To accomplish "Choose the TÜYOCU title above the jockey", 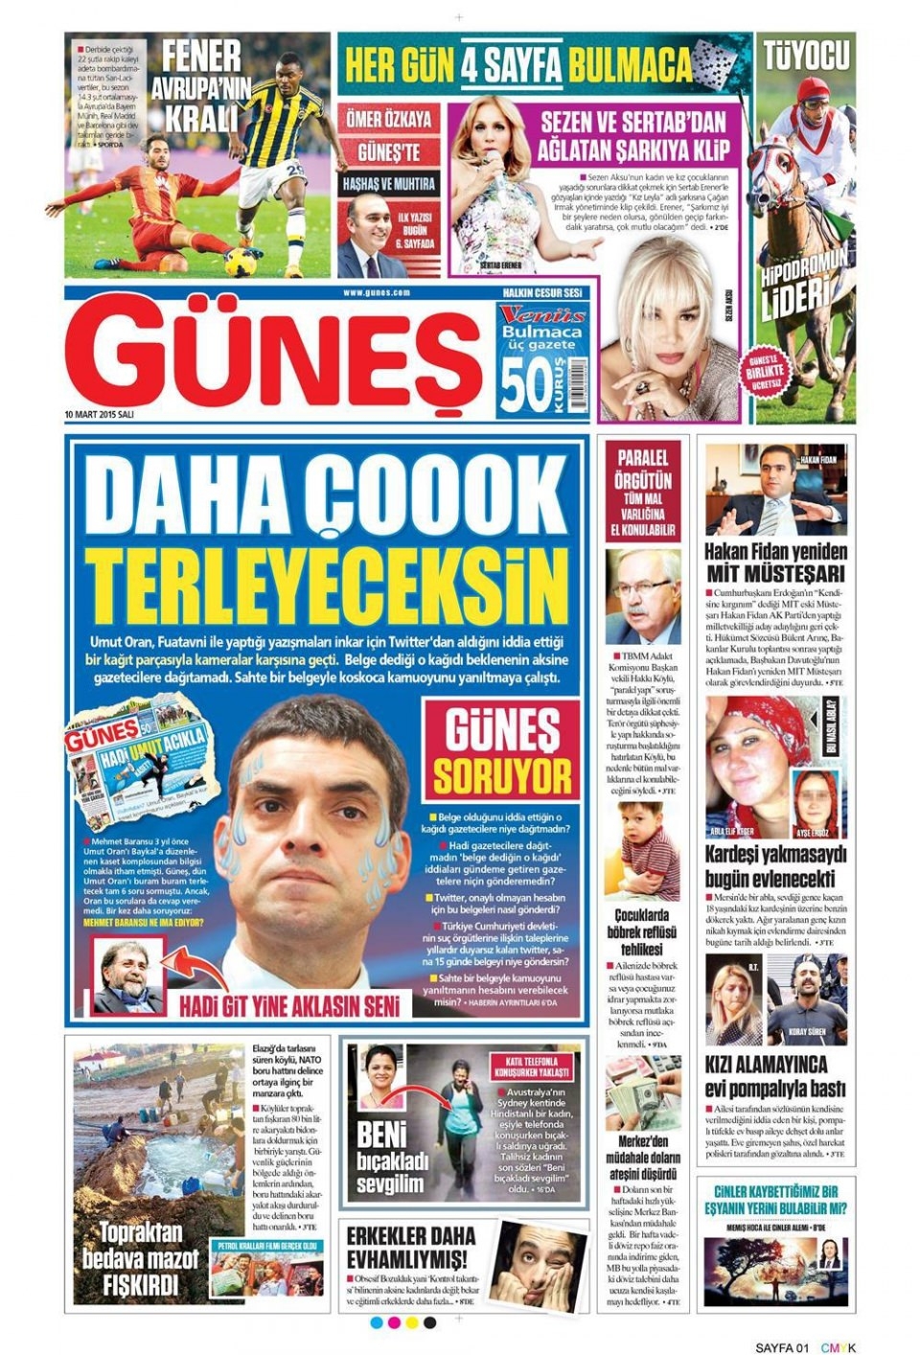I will point(806,56).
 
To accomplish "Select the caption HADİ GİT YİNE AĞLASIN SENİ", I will point(294,1006).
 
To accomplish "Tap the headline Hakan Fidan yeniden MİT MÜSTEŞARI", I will point(775,563).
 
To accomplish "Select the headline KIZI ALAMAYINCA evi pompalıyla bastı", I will point(775,1076).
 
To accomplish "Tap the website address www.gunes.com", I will point(376,293).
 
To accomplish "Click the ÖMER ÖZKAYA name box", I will point(388,119).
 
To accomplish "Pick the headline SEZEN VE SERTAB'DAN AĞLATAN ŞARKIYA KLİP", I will point(633,135).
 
